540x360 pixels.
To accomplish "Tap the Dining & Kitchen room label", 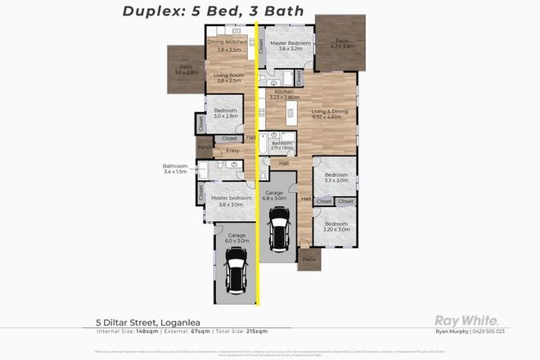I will pyautogui.click(x=227, y=45).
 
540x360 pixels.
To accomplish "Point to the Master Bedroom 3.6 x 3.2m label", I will pyautogui.click(x=290, y=46).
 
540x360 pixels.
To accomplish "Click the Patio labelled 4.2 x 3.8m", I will pyautogui.click(x=342, y=43).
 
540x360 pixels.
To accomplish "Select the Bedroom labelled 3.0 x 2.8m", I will pyautogui.click(x=225, y=114).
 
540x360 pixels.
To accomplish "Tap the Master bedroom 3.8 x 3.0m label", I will pyautogui.click(x=227, y=200).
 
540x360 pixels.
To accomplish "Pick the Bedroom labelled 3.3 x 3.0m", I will pyautogui.click(x=336, y=178).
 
